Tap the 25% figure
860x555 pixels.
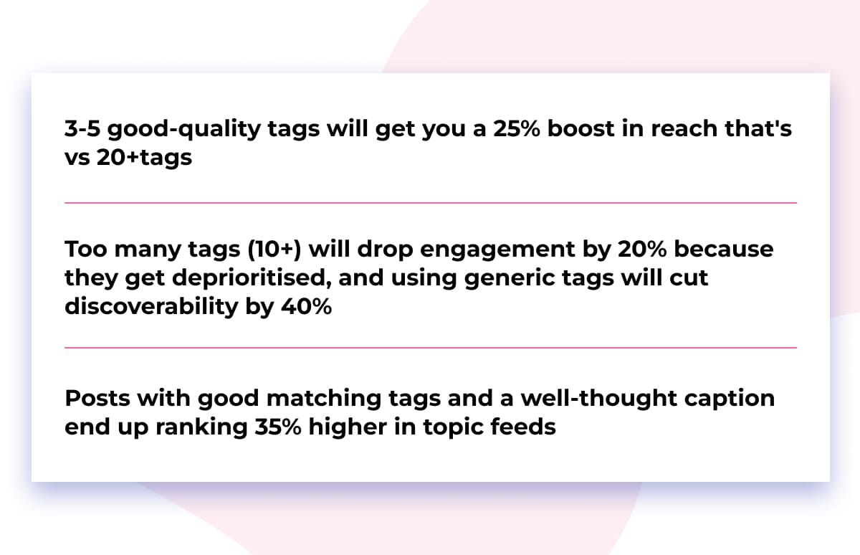[520, 128]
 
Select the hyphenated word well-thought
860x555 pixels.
[581, 398]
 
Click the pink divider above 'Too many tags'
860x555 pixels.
[430, 203]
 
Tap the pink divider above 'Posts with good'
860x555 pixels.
[430, 348]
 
